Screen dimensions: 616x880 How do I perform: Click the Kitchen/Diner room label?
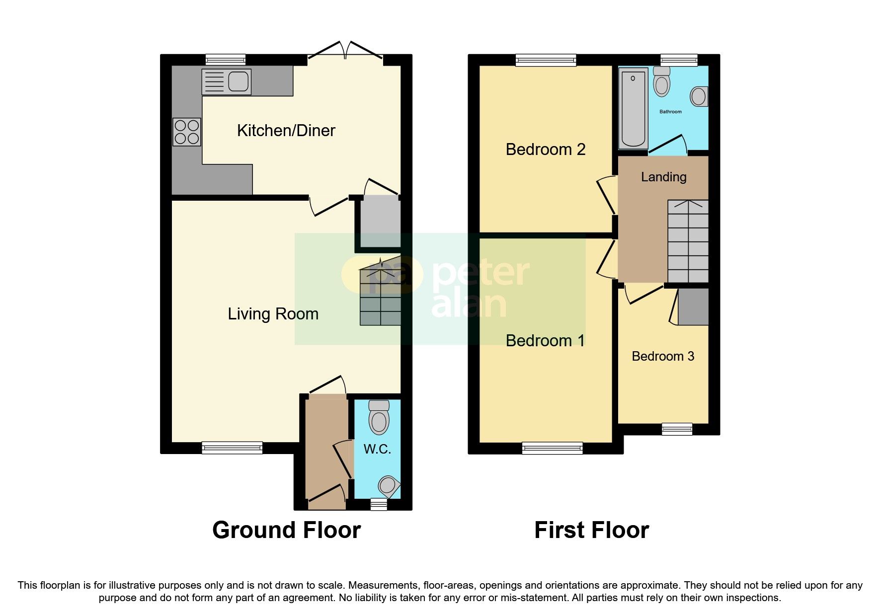click(286, 131)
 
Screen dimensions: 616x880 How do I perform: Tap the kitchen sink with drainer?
click(227, 81)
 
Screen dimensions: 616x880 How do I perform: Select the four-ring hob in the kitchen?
click(187, 132)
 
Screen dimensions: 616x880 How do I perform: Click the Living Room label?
click(273, 314)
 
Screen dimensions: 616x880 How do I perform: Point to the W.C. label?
click(377, 449)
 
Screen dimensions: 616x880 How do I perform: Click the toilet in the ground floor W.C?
click(379, 417)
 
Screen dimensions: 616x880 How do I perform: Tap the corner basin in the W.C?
click(389, 485)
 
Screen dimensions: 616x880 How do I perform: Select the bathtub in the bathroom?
click(633, 108)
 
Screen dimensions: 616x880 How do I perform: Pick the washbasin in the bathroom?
click(699, 96)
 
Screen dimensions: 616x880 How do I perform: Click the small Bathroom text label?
click(670, 112)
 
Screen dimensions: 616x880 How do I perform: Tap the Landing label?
click(663, 177)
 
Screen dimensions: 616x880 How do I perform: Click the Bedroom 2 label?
click(545, 150)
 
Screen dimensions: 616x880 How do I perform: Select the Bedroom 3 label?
click(662, 356)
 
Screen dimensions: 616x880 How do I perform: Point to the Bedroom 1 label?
click(545, 341)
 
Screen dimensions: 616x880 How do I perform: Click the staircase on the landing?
click(688, 241)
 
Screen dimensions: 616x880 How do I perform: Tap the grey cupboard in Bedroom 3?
click(693, 307)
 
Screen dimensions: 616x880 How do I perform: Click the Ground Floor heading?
click(286, 530)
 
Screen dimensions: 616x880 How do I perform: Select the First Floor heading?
click(591, 530)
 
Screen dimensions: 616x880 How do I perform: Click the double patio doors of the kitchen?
click(346, 52)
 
